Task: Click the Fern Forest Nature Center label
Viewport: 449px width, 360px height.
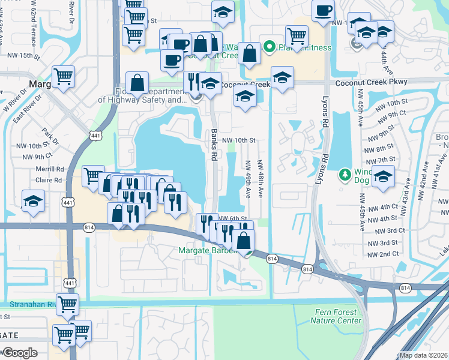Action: pyautogui.click(x=336, y=316)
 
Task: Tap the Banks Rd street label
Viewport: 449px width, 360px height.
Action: pyautogui.click(x=214, y=145)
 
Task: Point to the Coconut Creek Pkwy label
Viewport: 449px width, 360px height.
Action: pyautogui.click(x=372, y=82)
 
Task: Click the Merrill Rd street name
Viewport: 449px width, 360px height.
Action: pyautogui.click(x=47, y=170)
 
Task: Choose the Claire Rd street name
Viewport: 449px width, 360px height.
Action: pyautogui.click(x=50, y=179)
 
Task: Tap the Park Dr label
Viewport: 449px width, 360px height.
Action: pyautogui.click(x=49, y=135)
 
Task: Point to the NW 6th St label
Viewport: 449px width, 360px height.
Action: pyautogui.click(x=233, y=219)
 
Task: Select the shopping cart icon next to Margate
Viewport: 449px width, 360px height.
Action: pyautogui.click(x=62, y=76)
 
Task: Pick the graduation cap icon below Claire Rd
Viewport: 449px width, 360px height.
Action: pyautogui.click(x=33, y=201)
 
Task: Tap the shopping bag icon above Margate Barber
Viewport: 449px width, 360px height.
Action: pyautogui.click(x=243, y=241)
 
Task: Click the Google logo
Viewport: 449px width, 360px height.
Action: pyautogui.click(x=19, y=352)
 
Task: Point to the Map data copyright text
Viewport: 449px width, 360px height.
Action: pyautogui.click(x=423, y=355)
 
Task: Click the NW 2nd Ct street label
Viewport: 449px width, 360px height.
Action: pyautogui.click(x=384, y=254)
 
